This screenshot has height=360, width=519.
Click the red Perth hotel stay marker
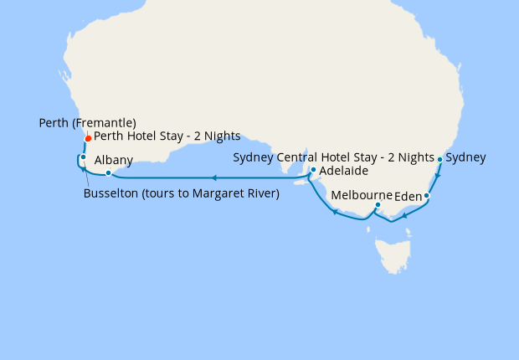88,140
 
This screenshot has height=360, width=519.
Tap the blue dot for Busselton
84,157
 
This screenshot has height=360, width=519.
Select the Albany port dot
108,173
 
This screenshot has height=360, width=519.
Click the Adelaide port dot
313,170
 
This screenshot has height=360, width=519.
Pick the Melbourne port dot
378,204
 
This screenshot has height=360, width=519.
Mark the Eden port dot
427,196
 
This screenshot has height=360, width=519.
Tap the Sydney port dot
440,157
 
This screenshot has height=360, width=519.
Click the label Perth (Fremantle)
87,123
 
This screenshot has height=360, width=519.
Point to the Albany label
114,160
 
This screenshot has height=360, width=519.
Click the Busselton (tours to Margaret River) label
182,194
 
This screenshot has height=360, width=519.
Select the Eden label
407,198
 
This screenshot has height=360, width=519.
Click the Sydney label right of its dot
466,157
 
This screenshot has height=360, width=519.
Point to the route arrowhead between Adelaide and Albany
214,177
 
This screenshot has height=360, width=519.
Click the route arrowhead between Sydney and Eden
437,177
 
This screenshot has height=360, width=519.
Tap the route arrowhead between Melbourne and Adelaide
335,213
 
